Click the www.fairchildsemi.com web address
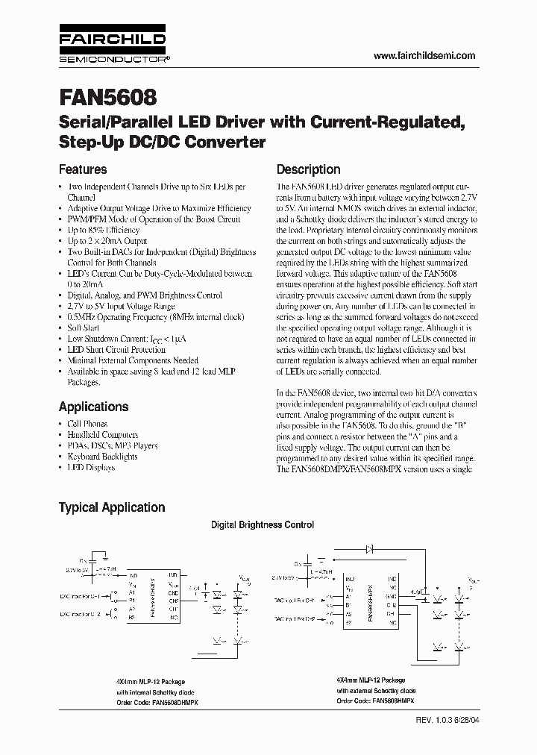point(423,56)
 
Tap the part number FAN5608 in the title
point(107,98)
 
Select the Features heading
point(83,169)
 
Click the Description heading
point(308,169)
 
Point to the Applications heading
point(93,407)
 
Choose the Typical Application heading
point(112,507)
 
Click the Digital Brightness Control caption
point(263,525)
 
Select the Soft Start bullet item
point(84,328)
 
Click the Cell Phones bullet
point(87,424)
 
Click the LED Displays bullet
point(91,468)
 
